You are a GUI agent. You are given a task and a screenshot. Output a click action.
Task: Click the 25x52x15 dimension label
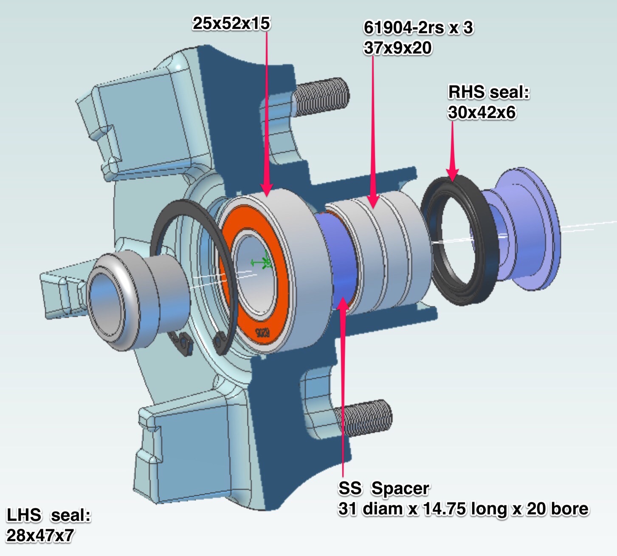pyautogui.click(x=231, y=23)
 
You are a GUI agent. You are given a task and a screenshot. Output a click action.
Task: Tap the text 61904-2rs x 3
pyautogui.click(x=418, y=28)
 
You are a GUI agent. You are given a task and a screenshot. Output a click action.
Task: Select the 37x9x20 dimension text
pyautogui.click(x=397, y=48)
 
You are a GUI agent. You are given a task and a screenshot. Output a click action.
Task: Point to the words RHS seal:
pyautogui.click(x=489, y=92)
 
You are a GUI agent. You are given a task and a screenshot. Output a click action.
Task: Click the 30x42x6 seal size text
pyautogui.click(x=482, y=112)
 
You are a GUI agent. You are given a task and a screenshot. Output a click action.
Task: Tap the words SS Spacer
pyautogui.click(x=383, y=488)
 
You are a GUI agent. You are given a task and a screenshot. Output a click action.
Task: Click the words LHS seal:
pyautogui.click(x=48, y=515)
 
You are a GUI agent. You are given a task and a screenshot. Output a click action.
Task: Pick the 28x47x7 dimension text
pyautogui.click(x=40, y=535)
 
